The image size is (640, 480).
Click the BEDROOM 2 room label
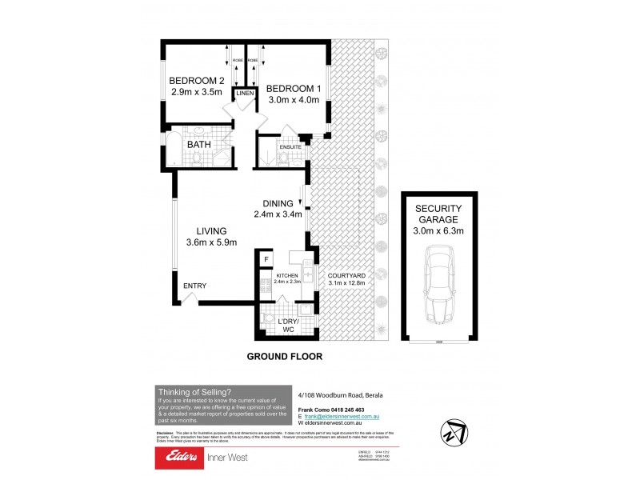pos(195,81)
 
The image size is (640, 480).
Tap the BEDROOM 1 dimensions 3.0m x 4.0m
pos(293,101)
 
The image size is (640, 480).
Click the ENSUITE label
pos(290,146)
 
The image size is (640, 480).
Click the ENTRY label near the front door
pos(195,286)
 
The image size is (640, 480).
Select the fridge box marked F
pos(266,258)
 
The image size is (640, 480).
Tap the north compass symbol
pos(454,434)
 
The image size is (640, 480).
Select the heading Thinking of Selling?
pos(194,391)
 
